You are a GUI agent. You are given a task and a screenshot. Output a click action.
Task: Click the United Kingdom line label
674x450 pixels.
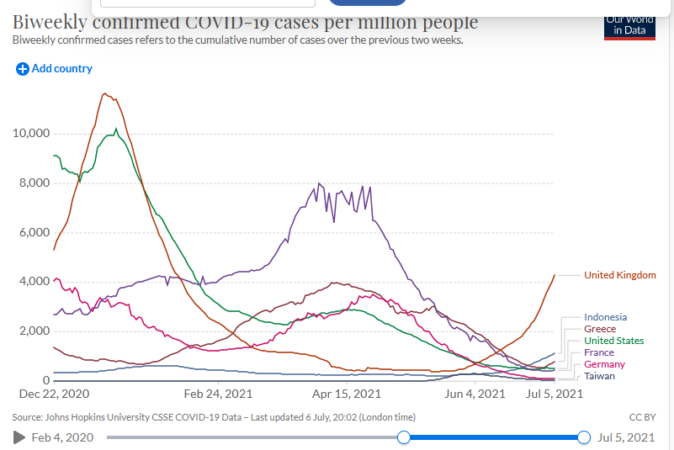click(x=619, y=275)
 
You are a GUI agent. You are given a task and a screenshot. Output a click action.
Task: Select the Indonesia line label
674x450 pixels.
click(x=605, y=317)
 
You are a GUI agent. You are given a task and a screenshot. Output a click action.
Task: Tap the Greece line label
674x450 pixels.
click(x=599, y=329)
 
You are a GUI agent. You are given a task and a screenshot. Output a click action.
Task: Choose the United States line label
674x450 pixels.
click(x=613, y=341)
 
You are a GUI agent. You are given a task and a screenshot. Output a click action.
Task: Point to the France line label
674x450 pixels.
click(x=599, y=352)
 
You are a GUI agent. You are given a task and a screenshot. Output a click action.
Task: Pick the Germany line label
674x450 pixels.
click(x=604, y=364)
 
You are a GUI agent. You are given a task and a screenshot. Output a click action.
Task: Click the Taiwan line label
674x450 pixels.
click(x=599, y=376)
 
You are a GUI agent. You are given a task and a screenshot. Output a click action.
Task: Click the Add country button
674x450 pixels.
click(x=55, y=69)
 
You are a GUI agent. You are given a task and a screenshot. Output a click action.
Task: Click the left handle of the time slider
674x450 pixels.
click(x=404, y=437)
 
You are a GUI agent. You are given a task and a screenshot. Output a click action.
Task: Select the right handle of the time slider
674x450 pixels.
click(x=584, y=437)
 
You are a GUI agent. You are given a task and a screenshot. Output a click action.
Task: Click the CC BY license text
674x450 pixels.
click(x=641, y=417)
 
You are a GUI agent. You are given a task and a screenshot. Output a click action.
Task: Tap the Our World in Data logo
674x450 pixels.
click(x=629, y=25)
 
